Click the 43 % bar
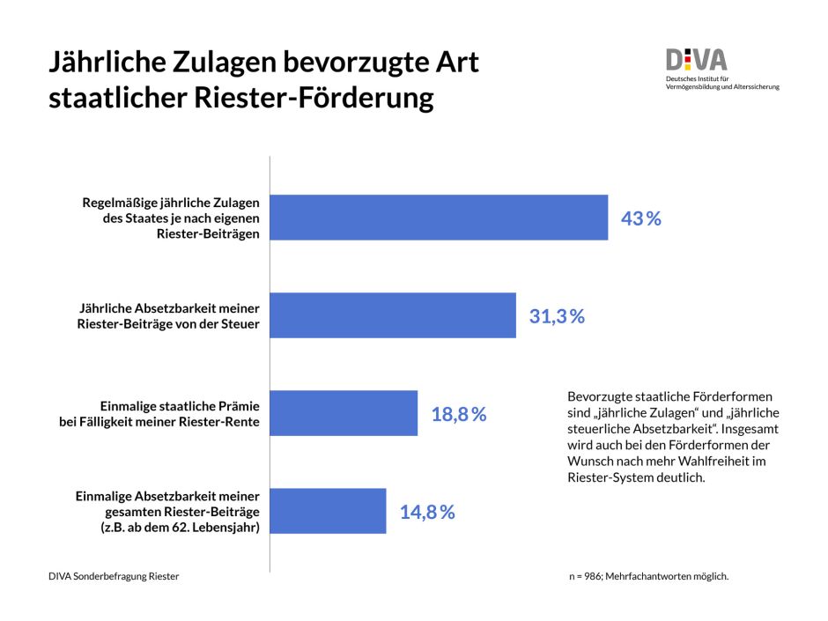439,217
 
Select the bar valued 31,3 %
393,315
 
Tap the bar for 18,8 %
344,413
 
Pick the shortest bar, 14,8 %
328,511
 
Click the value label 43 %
640,218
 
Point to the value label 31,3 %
557,316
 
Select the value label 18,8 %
458,414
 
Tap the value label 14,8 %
427,512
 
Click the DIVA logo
696,60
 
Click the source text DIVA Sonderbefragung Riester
114,576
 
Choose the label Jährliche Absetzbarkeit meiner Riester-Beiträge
170,316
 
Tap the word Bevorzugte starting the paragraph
602,396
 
